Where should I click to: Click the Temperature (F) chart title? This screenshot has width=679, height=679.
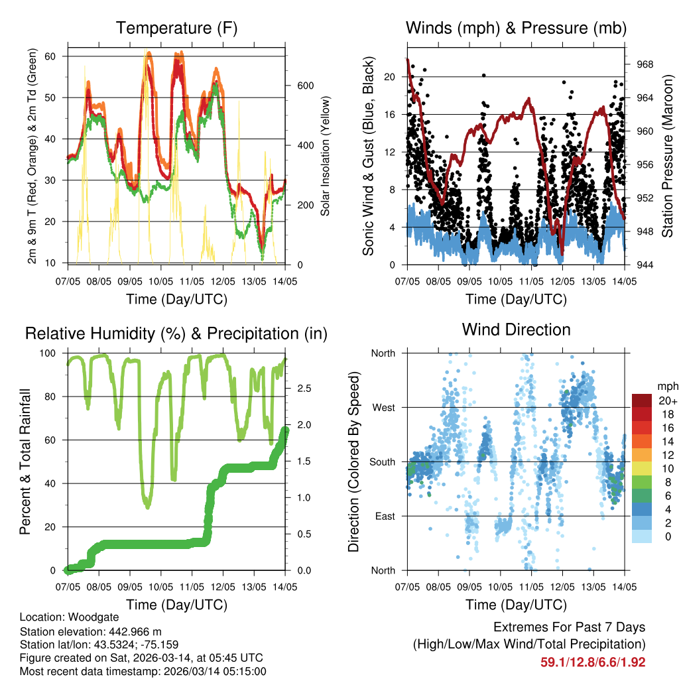176,29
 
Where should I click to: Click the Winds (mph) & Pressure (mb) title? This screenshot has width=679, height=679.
516,29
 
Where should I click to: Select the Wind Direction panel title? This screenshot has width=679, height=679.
516,330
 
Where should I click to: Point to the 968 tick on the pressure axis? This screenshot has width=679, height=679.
646,64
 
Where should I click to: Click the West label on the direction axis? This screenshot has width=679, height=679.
383,407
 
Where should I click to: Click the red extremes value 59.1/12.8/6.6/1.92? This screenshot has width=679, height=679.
593,662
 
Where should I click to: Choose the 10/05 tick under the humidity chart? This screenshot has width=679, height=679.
161,586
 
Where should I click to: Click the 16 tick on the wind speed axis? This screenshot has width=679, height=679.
389,114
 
